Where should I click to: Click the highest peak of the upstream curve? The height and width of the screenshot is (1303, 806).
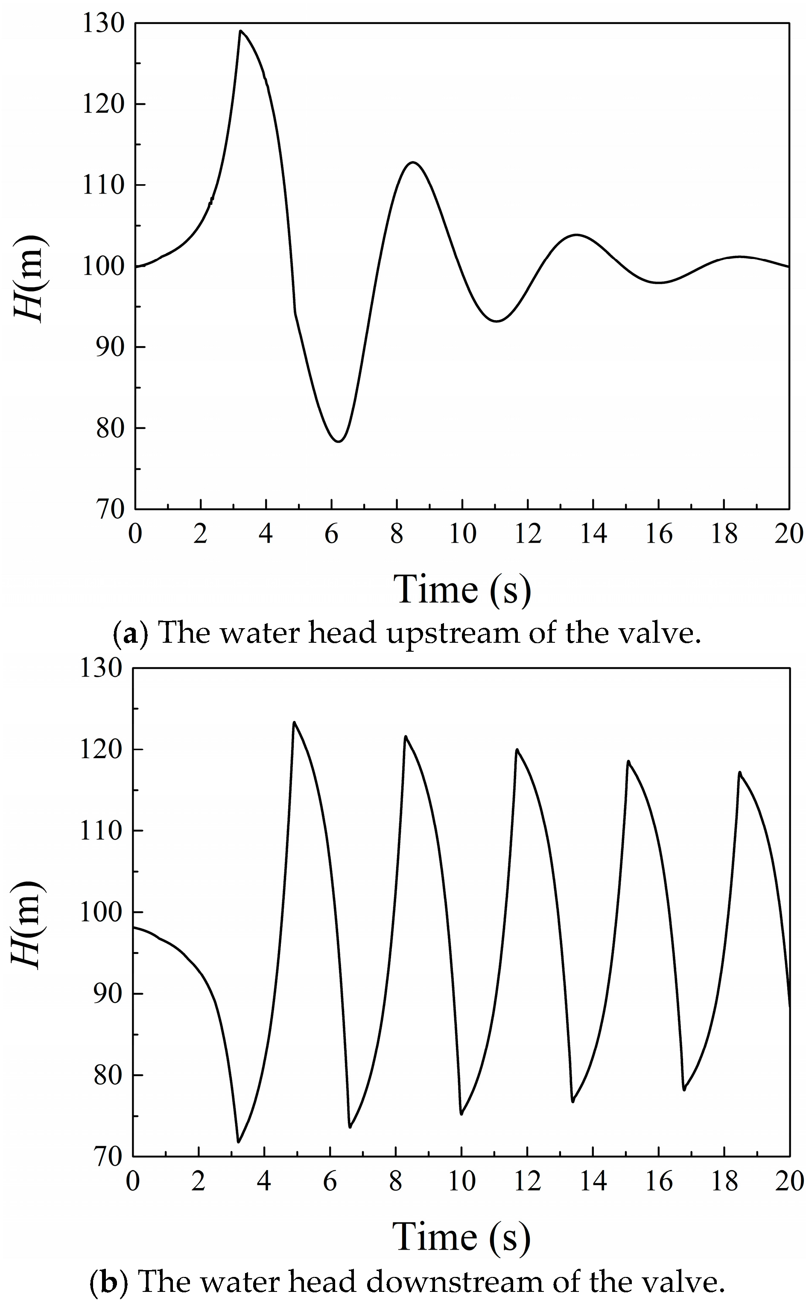pos(240,31)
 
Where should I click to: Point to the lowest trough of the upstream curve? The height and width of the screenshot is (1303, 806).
pos(338,441)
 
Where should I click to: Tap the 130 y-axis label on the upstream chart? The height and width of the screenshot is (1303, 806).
pos(103,24)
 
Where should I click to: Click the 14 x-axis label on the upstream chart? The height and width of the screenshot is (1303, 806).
pos(593,534)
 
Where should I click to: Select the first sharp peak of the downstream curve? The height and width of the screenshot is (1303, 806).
pos(294,723)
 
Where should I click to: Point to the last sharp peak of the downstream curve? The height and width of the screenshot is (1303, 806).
pos(739,772)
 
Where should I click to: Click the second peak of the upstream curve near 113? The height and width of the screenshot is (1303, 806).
pos(412,162)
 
